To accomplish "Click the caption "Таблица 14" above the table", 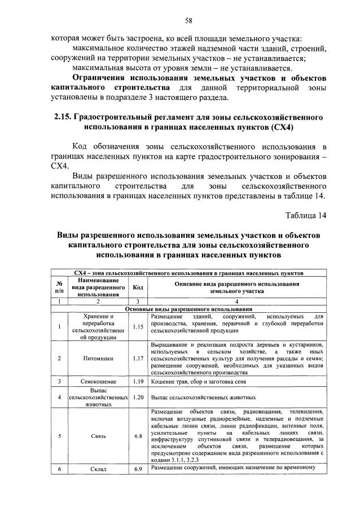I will (305, 215).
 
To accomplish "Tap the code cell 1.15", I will (137, 326).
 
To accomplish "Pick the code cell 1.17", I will (137, 358).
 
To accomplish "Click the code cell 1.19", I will (137, 382).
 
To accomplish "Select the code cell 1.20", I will (137, 397).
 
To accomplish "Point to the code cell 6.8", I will (137, 435).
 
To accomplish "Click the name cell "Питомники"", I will (98, 358).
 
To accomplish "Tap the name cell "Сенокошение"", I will (98, 382).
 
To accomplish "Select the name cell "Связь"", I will (98, 435).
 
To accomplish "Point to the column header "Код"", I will (137, 287).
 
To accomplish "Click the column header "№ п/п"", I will (59, 287).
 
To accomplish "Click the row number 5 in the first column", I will (59, 435).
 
